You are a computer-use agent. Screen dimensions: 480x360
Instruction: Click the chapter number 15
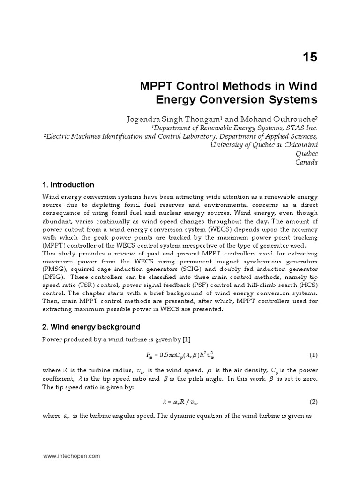(x=310, y=57)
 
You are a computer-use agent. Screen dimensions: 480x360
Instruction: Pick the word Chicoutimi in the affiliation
(x=299, y=144)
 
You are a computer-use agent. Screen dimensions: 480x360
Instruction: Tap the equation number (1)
(x=314, y=354)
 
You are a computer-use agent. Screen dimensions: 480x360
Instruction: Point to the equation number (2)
(x=314, y=402)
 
